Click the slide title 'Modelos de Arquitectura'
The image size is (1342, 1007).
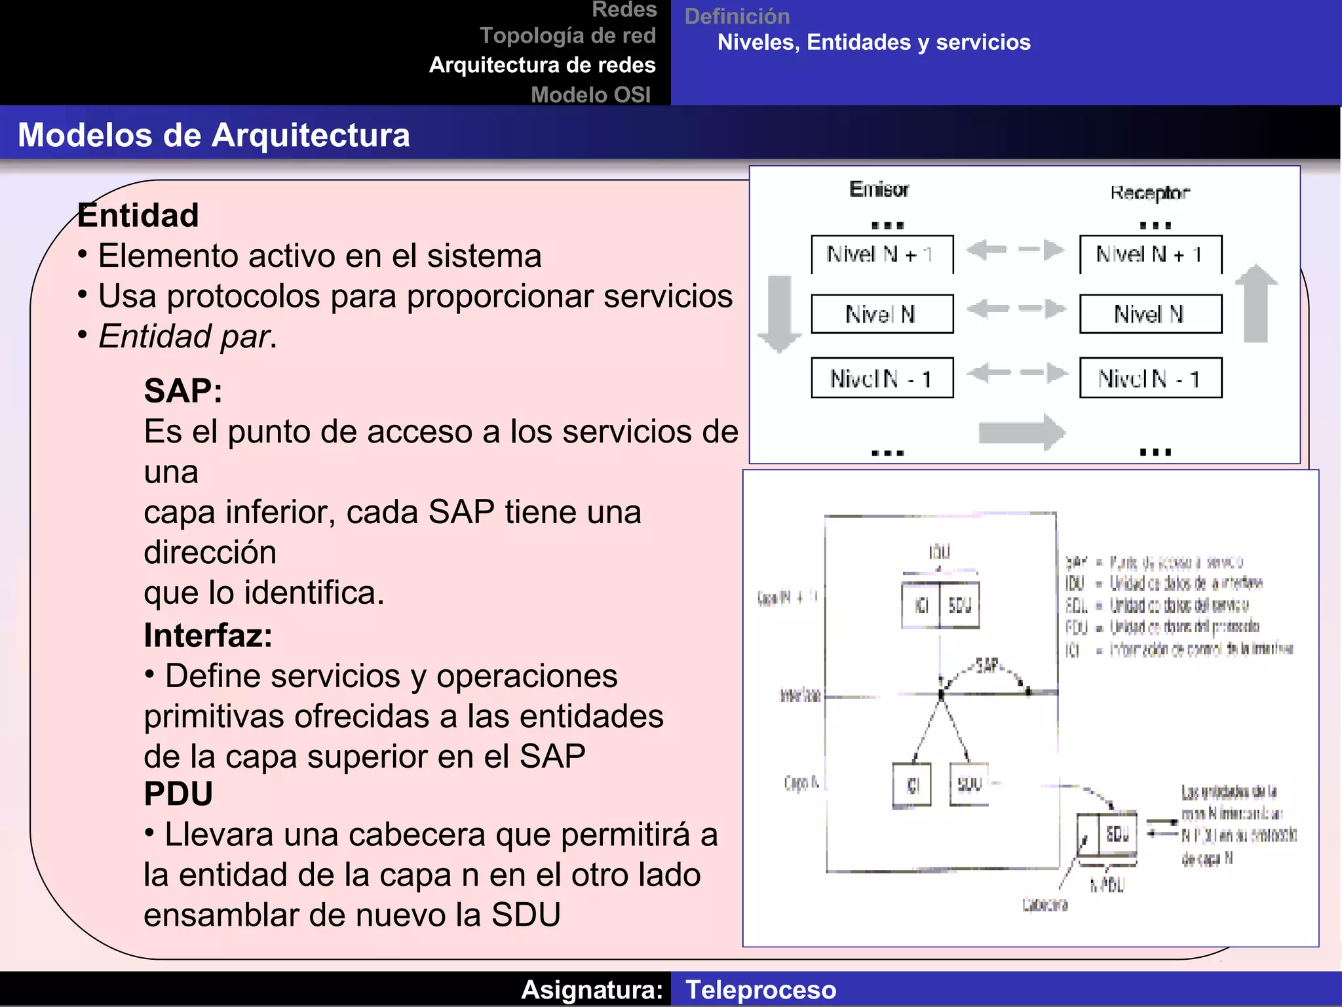(214, 135)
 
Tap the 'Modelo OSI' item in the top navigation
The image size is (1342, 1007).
(590, 95)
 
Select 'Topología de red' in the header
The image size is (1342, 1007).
(567, 35)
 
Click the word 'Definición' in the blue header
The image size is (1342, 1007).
(737, 16)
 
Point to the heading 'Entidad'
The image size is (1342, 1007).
(138, 216)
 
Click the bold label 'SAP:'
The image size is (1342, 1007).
(183, 391)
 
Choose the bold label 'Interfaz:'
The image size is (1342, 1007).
(208, 635)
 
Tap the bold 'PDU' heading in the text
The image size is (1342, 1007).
(178, 794)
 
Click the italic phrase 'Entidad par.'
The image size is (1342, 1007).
(187, 336)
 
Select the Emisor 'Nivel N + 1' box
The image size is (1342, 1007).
(882, 254)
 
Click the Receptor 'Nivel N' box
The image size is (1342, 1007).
(1151, 314)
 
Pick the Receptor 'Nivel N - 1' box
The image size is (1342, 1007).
(1151, 378)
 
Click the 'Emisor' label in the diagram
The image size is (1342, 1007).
(879, 189)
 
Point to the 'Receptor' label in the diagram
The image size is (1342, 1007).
(1149, 193)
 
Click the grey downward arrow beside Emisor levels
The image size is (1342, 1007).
(779, 313)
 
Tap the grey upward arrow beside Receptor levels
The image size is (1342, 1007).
(1256, 304)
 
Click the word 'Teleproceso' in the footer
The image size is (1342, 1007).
(761, 990)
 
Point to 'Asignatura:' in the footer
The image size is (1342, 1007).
(592, 990)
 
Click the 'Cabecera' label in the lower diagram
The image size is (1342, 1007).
(1045, 905)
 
